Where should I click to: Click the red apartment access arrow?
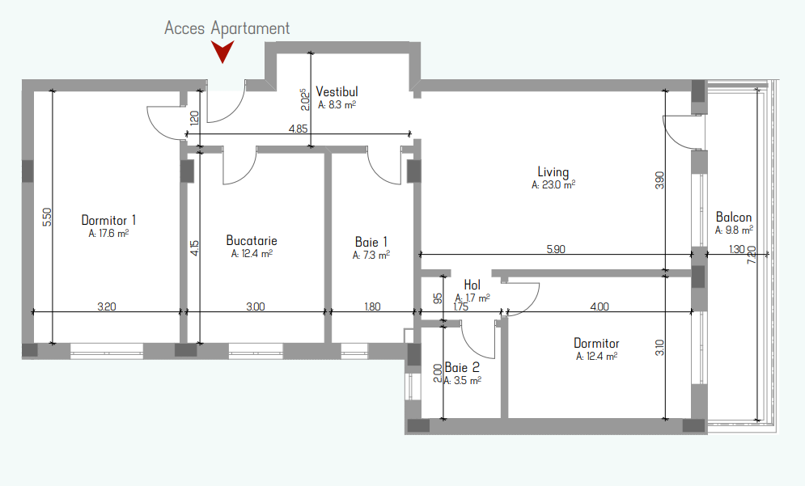click(222, 52)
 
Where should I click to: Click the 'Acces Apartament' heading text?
click(227, 28)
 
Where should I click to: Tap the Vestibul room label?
click(337, 92)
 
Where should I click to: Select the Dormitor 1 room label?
click(109, 220)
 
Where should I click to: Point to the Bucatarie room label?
click(252, 241)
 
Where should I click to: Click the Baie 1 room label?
click(371, 242)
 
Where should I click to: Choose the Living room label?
click(553, 172)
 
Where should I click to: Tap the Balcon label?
click(734, 217)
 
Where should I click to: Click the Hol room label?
click(472, 285)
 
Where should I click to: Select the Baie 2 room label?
click(462, 367)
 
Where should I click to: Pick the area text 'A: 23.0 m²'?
click(553, 184)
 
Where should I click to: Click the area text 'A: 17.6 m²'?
click(108, 234)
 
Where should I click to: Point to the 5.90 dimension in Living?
click(556, 249)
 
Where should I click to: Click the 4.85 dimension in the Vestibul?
click(299, 129)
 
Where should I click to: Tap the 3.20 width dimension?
click(107, 307)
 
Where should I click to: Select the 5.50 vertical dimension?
click(47, 217)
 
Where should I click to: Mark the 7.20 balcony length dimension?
click(752, 255)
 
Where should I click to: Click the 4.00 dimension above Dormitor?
click(600, 307)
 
